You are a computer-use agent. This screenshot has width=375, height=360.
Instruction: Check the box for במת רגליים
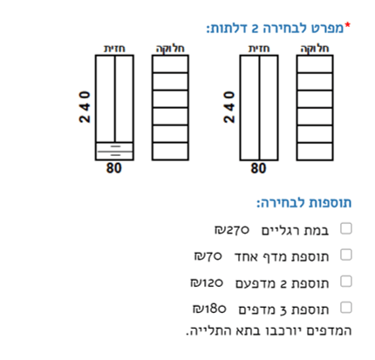point(346,228)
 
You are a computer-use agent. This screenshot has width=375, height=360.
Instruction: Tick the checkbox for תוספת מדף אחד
point(346,255)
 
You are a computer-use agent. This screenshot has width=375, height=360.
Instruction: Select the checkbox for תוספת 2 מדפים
point(346,282)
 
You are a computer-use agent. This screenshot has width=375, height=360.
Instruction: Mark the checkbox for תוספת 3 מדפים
point(346,308)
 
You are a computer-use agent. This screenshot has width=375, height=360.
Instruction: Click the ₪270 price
point(232,230)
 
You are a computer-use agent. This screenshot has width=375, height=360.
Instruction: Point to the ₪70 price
point(208,256)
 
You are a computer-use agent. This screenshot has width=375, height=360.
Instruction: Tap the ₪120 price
point(207,282)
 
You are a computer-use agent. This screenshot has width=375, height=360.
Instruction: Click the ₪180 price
point(209,309)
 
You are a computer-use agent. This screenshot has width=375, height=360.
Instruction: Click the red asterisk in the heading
point(348,25)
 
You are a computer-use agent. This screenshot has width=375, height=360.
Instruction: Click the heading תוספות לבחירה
point(304,203)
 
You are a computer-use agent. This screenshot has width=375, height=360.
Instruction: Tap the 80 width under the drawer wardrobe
point(113,168)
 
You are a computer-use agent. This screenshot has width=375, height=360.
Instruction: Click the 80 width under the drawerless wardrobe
point(258,168)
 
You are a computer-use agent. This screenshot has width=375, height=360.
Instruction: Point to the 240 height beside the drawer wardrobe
point(85,107)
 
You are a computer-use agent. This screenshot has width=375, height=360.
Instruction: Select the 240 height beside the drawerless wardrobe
point(229,107)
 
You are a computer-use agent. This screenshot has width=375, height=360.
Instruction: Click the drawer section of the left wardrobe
point(114,151)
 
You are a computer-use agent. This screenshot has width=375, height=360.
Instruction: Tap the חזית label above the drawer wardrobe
point(114,49)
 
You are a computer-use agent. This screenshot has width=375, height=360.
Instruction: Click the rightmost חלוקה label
point(315,49)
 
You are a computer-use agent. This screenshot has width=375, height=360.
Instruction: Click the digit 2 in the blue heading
point(255,30)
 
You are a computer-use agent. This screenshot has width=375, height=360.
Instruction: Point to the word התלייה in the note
point(204,331)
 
